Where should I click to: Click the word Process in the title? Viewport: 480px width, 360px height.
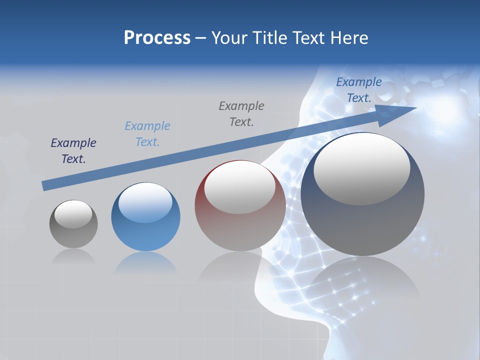(157, 38)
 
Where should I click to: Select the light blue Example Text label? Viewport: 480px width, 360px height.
(147, 134)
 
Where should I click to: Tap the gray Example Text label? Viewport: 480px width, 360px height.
(241, 114)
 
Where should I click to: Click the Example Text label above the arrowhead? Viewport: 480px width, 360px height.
(359, 90)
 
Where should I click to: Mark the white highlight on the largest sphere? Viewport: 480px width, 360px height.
(361, 169)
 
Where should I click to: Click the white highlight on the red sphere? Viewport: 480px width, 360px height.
(239, 187)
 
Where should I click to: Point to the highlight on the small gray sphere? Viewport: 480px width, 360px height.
(73, 214)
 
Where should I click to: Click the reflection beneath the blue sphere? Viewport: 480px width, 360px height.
(145, 263)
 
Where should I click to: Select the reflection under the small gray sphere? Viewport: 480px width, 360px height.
(73, 257)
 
